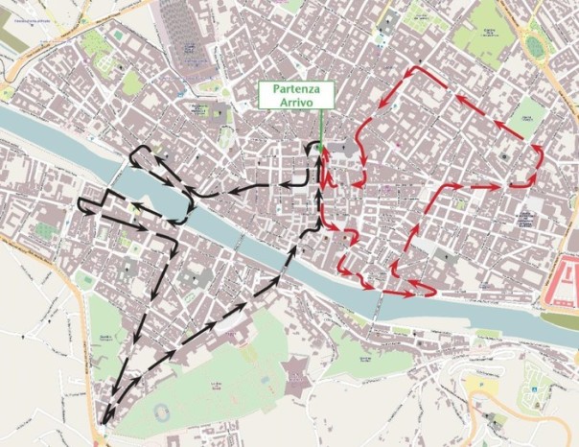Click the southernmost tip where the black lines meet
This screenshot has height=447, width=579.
tap(104, 419)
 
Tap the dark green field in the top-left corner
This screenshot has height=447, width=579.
tap(14, 42)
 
